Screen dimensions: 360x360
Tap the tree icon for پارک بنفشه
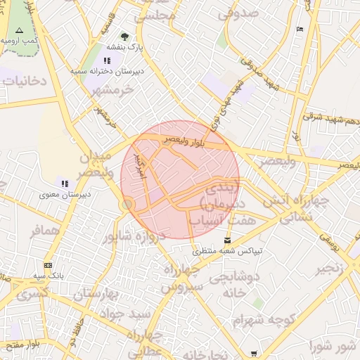tap(124, 36)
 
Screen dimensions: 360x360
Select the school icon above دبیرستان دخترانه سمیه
tap(107, 61)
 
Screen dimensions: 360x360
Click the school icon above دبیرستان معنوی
tap(65, 184)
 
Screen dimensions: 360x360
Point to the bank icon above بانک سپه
tap(48, 265)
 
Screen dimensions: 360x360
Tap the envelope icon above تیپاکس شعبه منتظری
tap(226, 240)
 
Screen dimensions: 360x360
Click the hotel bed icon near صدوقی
tap(300, 29)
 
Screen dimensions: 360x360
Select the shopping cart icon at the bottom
tap(254, 354)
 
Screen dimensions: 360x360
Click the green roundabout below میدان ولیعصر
tap(127, 204)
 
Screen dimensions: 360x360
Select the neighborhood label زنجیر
tap(330, 269)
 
